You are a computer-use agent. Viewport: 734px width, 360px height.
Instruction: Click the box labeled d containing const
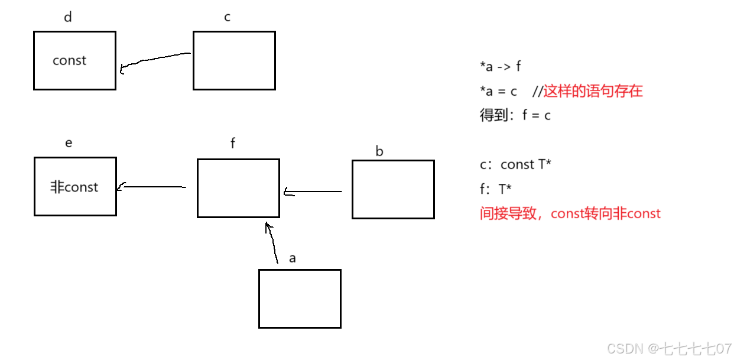74,60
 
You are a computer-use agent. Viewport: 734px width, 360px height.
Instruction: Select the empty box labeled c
234,60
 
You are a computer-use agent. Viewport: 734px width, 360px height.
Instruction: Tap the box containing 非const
75,186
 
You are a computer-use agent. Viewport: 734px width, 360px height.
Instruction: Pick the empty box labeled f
238,188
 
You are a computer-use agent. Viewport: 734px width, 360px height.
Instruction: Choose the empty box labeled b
393,189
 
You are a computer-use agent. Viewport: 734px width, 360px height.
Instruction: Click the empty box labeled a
300,299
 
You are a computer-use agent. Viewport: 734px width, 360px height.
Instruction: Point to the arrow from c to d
155,60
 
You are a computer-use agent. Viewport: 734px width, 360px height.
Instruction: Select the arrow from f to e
152,187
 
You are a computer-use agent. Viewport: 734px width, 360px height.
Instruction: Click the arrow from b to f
313,192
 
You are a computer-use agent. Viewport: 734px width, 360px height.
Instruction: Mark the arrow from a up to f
272,243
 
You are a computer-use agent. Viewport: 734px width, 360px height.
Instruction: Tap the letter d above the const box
68,17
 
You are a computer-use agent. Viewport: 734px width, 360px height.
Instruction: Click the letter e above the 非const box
69,143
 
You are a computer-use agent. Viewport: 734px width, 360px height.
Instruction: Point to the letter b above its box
379,151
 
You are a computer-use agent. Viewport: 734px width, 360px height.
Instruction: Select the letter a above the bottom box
293,258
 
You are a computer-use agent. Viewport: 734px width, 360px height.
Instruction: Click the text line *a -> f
501,67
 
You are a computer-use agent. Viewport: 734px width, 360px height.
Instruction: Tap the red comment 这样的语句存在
593,91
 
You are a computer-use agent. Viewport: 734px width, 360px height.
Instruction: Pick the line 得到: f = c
515,115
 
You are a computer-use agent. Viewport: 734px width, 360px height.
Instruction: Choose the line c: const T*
515,165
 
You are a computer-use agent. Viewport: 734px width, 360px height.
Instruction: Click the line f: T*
496,189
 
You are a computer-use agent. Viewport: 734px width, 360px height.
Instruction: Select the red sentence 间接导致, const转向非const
570,213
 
